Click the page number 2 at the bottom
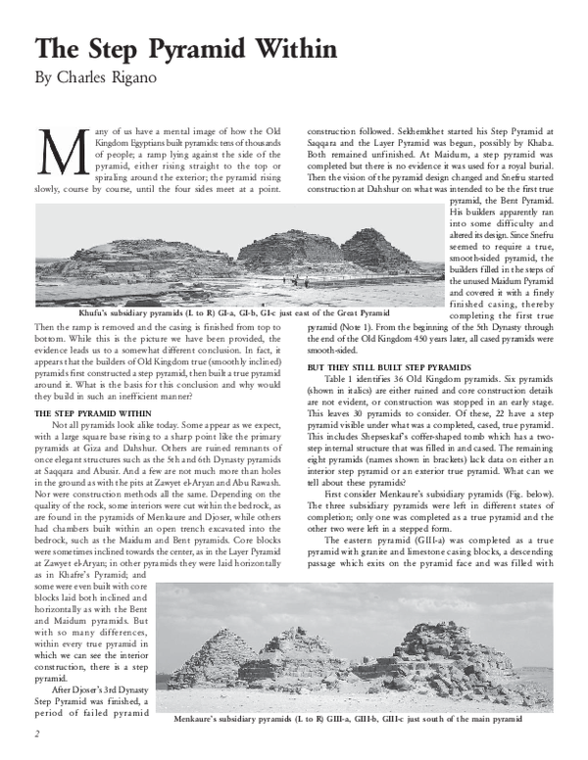[36, 732]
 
